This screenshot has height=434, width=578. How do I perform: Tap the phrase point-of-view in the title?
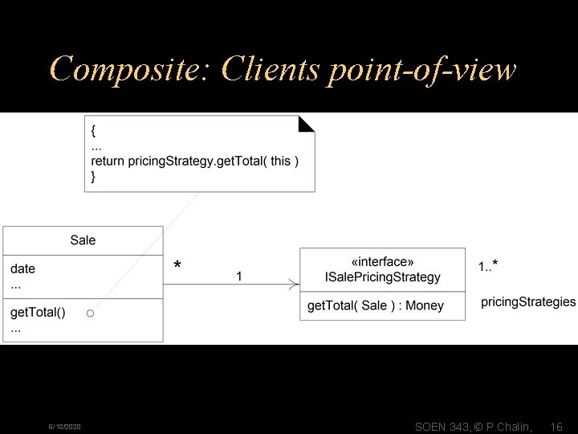421,70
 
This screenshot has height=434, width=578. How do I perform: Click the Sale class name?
83,240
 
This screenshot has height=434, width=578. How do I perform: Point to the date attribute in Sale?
22,268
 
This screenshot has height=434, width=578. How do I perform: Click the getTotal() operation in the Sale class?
38,312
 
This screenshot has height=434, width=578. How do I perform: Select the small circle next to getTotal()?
91,312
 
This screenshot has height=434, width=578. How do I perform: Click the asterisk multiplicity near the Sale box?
177,266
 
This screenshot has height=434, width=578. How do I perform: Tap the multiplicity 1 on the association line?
238,276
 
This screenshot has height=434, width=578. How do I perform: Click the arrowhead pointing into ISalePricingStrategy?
295,284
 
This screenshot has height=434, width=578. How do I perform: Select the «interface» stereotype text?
382,262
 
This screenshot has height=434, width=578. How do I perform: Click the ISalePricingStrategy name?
382,277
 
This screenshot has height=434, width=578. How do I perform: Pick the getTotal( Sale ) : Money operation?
375,305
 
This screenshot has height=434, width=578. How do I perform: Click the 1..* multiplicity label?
488,266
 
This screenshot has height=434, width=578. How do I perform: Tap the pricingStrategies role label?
528,302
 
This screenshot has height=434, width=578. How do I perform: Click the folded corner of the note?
307,123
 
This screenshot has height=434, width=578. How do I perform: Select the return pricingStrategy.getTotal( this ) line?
195,162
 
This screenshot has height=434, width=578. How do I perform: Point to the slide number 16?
556,427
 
